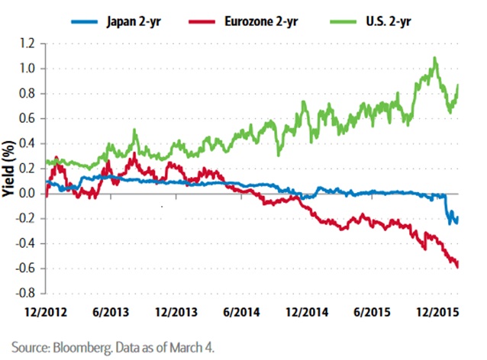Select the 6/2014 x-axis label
coord(240,312)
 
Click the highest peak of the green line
coord(435,58)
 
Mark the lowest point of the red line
coord(457,266)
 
